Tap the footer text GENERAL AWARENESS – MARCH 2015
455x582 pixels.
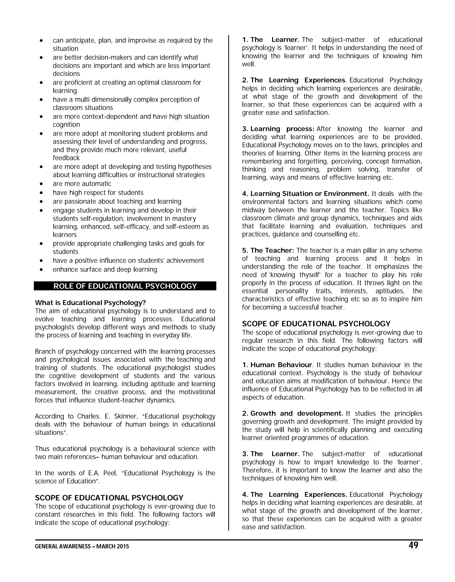82,546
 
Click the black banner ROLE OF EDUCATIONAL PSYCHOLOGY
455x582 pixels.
125,286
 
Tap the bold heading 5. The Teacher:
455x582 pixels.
268,251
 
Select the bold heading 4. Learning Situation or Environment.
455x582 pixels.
305,194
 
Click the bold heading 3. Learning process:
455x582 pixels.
278,129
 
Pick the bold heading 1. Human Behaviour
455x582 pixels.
277,365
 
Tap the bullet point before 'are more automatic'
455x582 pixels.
41,184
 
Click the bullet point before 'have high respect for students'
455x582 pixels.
41,193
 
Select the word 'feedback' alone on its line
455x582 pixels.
66,158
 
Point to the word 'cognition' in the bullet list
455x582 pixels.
66,125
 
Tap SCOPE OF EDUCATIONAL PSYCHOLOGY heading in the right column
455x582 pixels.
316,324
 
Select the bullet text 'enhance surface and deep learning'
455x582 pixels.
105,269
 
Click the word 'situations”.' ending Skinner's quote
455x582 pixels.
51,432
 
